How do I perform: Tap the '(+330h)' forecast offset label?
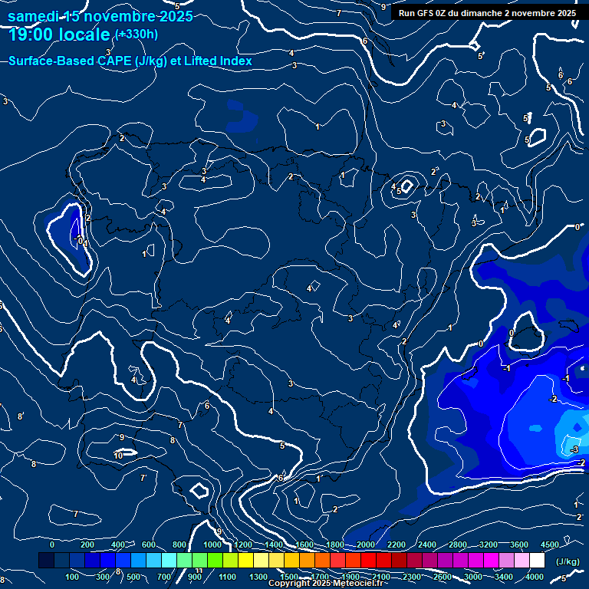click(x=136, y=34)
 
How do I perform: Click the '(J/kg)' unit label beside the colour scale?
click(x=568, y=561)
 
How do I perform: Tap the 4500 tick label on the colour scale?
click(x=550, y=545)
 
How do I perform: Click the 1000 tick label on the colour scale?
click(x=212, y=545)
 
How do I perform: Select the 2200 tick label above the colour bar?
click(x=397, y=545)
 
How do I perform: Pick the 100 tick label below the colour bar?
click(x=73, y=577)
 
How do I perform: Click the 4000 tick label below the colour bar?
click(x=535, y=577)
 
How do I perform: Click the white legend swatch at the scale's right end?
click(x=537, y=561)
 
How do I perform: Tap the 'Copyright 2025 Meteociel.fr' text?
click(x=328, y=584)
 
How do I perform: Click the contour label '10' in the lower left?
click(x=118, y=456)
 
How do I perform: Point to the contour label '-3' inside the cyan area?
click(x=575, y=449)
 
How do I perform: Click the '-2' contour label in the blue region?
click(x=553, y=400)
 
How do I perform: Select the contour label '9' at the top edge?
click(x=383, y=7)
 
